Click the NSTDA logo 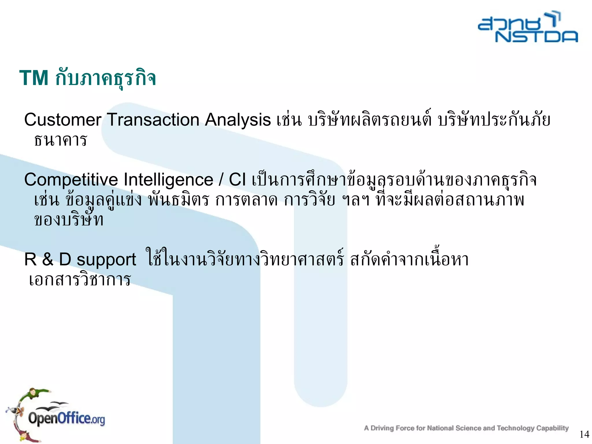528,28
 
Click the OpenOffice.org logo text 66,419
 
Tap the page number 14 584,434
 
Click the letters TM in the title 34,78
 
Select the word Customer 62,120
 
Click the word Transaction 153,120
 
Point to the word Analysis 238,120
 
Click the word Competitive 71,180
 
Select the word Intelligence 168,180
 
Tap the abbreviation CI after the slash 237,180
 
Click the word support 106,259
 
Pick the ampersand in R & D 48,259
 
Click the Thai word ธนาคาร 60,140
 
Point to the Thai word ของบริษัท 69,220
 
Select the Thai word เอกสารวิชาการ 80,280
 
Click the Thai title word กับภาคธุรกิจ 106,78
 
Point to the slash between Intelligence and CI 221,180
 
